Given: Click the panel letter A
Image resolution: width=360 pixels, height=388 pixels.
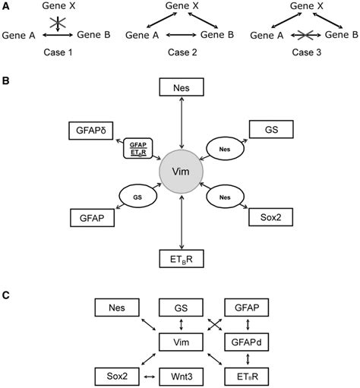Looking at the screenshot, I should click(6, 6).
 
